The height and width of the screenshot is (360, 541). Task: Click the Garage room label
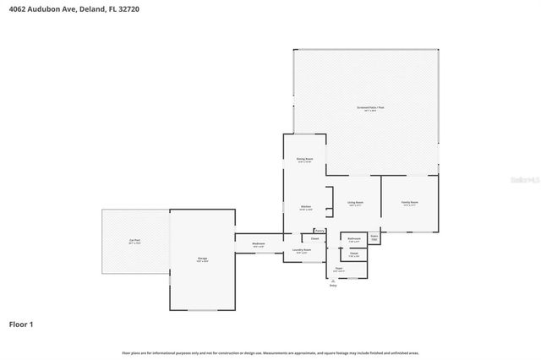(203, 259)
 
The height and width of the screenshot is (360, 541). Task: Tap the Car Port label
(134, 242)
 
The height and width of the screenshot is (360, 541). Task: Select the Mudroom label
(259, 244)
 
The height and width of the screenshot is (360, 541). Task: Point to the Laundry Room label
(302, 250)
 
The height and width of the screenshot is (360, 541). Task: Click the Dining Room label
(305, 159)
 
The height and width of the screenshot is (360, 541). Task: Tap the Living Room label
(354, 203)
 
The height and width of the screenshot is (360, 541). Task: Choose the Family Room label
(410, 203)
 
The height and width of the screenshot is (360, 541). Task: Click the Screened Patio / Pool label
(369, 108)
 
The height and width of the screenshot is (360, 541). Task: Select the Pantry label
(320, 231)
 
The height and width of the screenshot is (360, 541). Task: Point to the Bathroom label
(354, 239)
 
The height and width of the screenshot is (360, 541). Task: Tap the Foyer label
(338, 269)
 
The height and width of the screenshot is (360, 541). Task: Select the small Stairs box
(374, 238)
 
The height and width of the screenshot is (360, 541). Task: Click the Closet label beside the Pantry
(303, 239)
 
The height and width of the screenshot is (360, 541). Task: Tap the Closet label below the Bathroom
(354, 254)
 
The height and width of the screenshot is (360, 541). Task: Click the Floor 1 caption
(22, 324)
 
